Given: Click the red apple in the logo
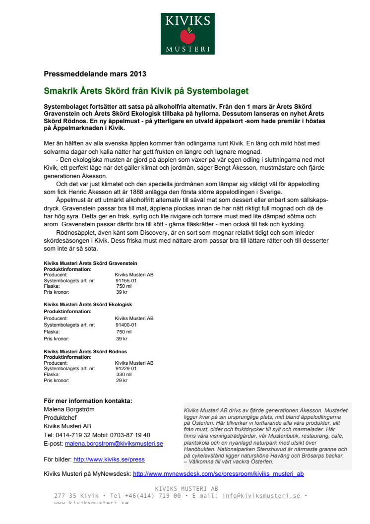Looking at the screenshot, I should coord(187,36).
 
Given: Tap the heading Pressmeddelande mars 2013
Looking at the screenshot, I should coord(95,74).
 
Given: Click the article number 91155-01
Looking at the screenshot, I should coord(126,280).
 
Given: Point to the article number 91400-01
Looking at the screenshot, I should coord(126,325).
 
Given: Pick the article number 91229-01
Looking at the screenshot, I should coord(126,369).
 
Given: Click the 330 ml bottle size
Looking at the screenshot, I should coord(124,375).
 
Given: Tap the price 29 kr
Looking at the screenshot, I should coord(122,381).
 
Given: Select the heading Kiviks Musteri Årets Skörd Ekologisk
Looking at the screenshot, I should coord(88,304).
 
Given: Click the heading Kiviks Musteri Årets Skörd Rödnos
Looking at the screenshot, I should coord(85,351).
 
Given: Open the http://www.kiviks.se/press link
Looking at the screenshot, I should coord(109,460).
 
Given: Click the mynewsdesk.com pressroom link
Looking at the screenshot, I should coord(218,474).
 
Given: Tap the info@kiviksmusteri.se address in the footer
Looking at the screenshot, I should coord(261,496).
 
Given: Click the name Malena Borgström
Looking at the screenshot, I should coord(69,409).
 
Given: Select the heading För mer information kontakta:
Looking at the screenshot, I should coord(88,401).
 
